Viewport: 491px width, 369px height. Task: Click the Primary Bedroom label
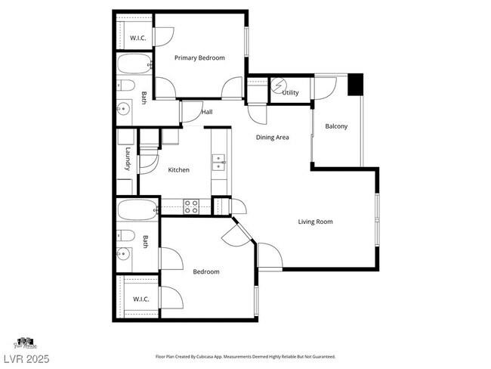coord(199,57)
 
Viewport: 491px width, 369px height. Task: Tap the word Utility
coord(290,93)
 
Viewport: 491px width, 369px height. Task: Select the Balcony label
coord(336,126)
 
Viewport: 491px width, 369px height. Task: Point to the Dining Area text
coord(273,137)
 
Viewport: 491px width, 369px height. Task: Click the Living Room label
coord(315,222)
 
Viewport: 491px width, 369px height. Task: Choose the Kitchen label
coord(179,169)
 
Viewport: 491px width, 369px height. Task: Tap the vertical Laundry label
coord(128,160)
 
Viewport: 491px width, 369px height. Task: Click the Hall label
coord(206,112)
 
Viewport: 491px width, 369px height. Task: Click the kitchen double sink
coord(219,162)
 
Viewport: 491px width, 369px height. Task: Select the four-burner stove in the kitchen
coord(192,205)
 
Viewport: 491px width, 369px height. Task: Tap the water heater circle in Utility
coord(279,85)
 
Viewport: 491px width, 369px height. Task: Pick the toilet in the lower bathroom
coord(126,234)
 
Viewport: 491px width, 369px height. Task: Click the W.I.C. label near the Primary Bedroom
coord(137,38)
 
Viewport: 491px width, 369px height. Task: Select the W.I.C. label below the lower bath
coord(141,299)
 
